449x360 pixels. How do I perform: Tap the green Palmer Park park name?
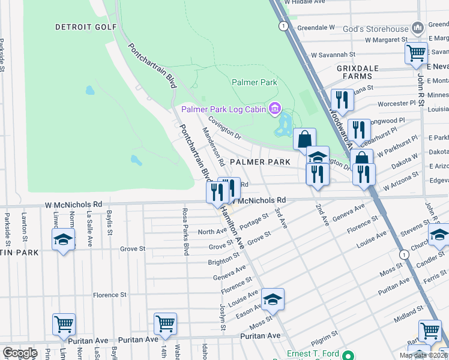coord(253,82)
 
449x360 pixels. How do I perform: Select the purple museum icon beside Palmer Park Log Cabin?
coord(275,109)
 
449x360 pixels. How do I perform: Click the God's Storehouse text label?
coord(375,28)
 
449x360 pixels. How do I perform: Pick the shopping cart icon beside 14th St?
coord(165,323)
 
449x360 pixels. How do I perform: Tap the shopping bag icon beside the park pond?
coord(305,139)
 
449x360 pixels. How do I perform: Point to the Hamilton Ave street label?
coord(231,226)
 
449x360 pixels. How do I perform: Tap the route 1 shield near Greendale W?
coord(282,26)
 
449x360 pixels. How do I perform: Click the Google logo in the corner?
coord(20,353)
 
